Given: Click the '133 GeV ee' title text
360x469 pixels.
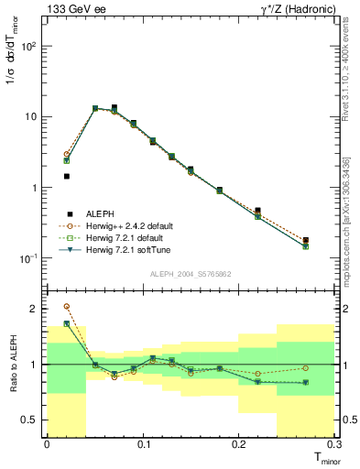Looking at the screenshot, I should (72, 8).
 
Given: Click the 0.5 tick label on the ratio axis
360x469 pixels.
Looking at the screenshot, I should (34, 420).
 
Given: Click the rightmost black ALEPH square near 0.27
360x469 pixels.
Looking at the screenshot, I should (306, 240).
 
